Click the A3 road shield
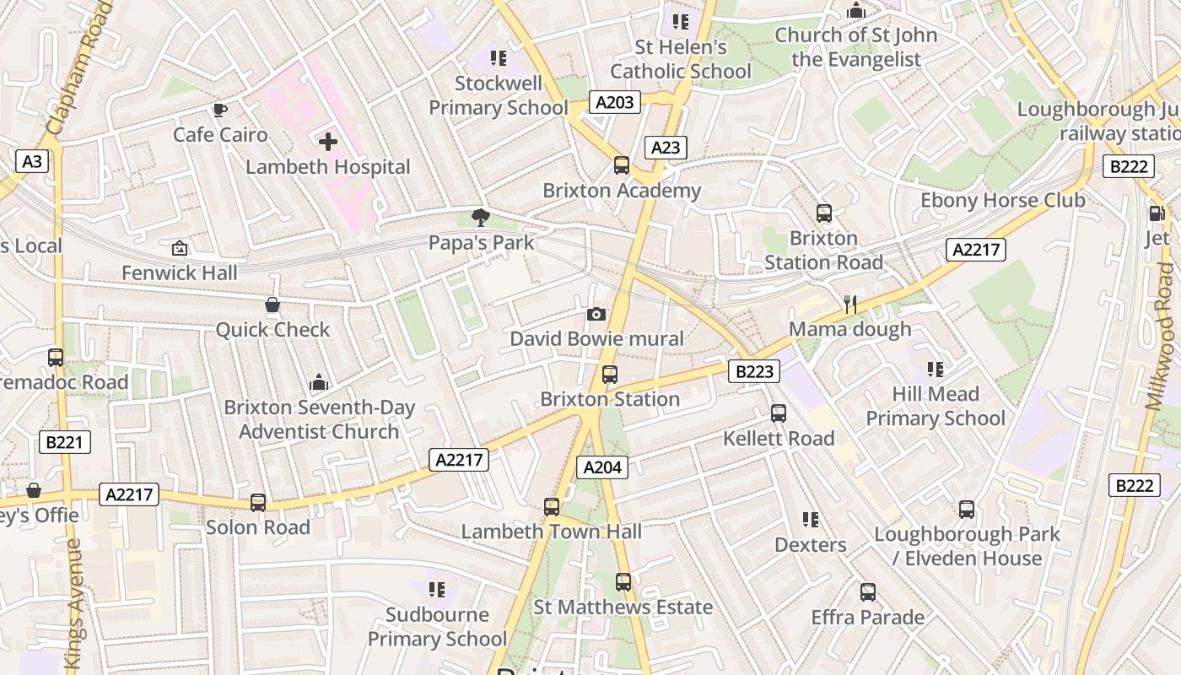tap(32, 161)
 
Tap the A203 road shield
tap(614, 103)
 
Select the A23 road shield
tap(666, 148)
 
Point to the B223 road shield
tap(753, 371)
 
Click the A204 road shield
tap(602, 467)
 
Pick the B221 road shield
tap(64, 442)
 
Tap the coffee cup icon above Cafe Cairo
tap(220, 111)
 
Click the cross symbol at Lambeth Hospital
tap(328, 142)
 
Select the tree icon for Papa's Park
tap(481, 218)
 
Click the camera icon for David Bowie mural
tap(596, 315)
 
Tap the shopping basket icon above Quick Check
tap(272, 305)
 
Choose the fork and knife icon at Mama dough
tap(849, 304)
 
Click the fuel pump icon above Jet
tap(1156, 214)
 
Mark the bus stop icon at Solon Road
tap(258, 503)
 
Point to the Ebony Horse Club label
tap(1002, 201)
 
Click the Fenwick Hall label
tap(180, 273)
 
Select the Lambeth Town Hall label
tap(551, 532)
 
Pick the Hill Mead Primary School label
tap(936, 406)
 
